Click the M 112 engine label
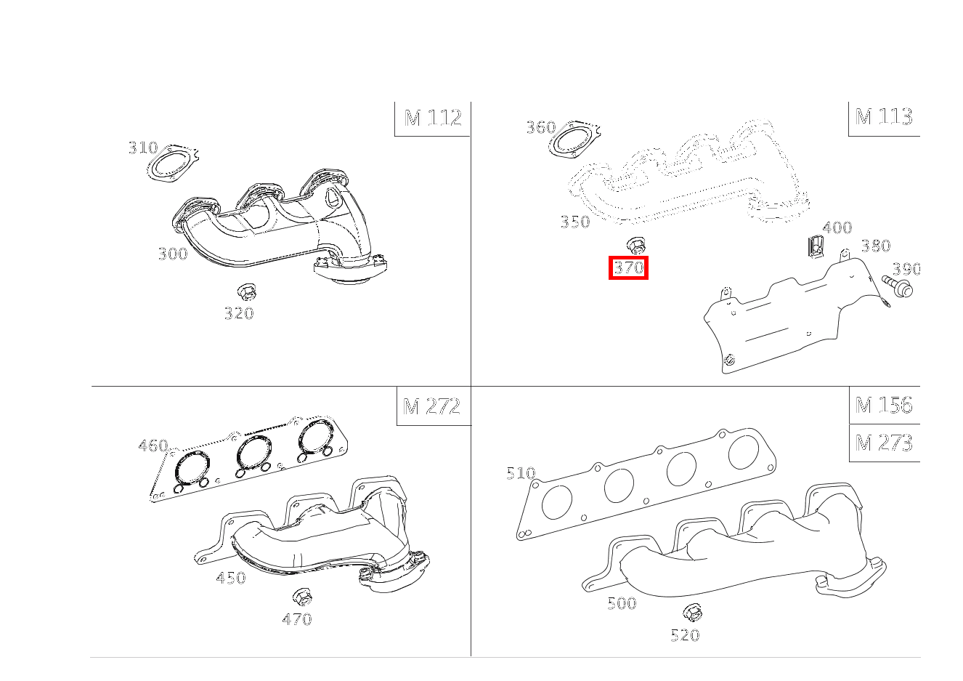point(433,118)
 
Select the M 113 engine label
point(883,116)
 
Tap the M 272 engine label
point(431,406)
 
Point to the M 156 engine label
point(883,405)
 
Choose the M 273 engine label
point(883,443)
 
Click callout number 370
point(628,267)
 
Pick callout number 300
point(173,254)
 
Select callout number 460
point(153,446)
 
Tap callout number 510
point(521,473)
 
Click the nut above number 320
point(247,293)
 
